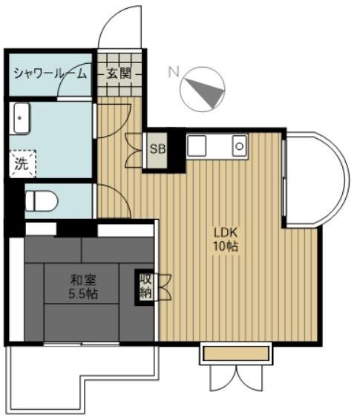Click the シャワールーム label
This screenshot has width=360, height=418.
coord(50,74)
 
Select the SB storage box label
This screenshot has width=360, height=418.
coord(157,149)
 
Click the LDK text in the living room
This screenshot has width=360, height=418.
coord(226,232)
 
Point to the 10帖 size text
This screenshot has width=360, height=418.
coord(226,246)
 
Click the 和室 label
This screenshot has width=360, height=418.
coord(83,280)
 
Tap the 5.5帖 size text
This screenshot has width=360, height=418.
coord(83,294)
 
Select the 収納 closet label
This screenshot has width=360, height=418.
coord(146,287)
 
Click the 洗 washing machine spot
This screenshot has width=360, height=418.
coord(22,164)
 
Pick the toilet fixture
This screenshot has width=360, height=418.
coord(42,201)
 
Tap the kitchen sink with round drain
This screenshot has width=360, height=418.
coord(240,146)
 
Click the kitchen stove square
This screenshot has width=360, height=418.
coord(197,146)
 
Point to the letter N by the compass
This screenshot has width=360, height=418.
coord(174,71)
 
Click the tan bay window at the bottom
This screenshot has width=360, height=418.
coord(236,353)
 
